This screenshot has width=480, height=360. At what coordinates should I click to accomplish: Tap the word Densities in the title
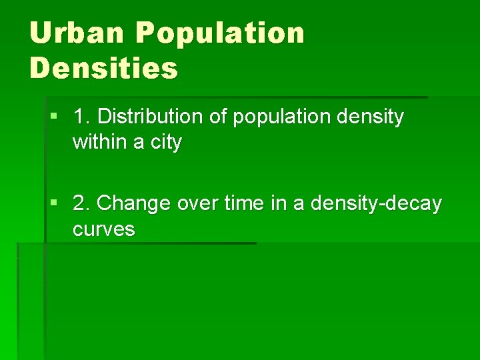(x=104, y=67)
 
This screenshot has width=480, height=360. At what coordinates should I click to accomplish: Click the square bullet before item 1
(x=54, y=117)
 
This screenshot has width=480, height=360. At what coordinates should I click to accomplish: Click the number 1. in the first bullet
(x=82, y=117)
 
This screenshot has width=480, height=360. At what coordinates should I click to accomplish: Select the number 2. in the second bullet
(x=83, y=203)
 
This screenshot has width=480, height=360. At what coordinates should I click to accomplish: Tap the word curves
(x=104, y=229)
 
